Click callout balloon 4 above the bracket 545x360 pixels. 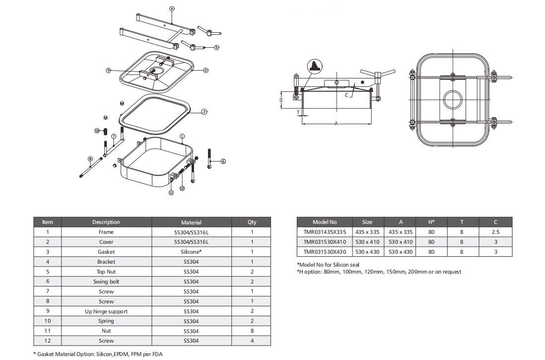pos(171,9)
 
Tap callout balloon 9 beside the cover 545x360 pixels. pos(108,71)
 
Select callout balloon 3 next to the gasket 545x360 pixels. pos(204,112)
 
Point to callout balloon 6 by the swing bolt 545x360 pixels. pos(223,161)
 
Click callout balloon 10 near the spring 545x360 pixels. pos(97,131)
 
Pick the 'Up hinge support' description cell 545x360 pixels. pos(106,311)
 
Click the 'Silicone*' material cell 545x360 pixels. pos(191,252)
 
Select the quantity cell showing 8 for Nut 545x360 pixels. pos(252,331)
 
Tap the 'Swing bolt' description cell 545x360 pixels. pos(106,282)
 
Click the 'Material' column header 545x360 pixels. pos(191,222)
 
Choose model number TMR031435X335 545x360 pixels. pos(324,232)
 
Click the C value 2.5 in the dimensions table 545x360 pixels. pos(495,232)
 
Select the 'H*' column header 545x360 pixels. pos(431,222)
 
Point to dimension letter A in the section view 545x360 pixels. pos(337,123)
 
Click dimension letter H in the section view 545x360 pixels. pos(281,100)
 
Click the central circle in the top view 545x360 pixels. pos(452,100)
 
